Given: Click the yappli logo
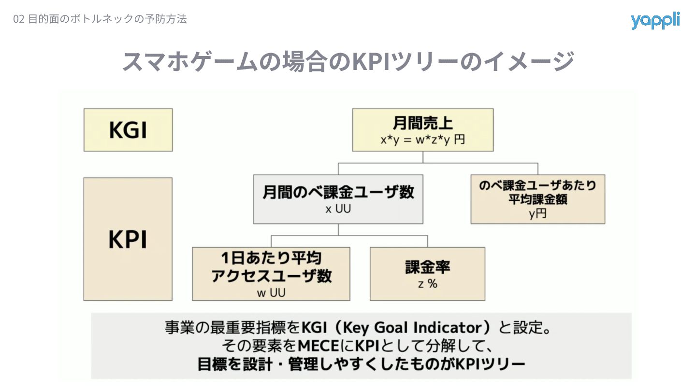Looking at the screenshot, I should (x=655, y=21).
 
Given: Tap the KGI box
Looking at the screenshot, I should (x=128, y=130).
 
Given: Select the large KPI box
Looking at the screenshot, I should (x=128, y=239).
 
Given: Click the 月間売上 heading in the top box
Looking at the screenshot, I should (x=422, y=124).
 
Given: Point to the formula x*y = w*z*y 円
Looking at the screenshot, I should (x=422, y=140).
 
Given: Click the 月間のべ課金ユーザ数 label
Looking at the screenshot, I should (x=338, y=193).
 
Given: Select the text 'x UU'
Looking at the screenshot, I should (x=338, y=210).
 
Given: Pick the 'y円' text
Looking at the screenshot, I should (x=537, y=214).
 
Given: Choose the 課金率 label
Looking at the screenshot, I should (x=427, y=267).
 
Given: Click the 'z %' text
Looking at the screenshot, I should (x=427, y=284).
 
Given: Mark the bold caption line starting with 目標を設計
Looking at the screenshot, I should (x=361, y=363).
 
